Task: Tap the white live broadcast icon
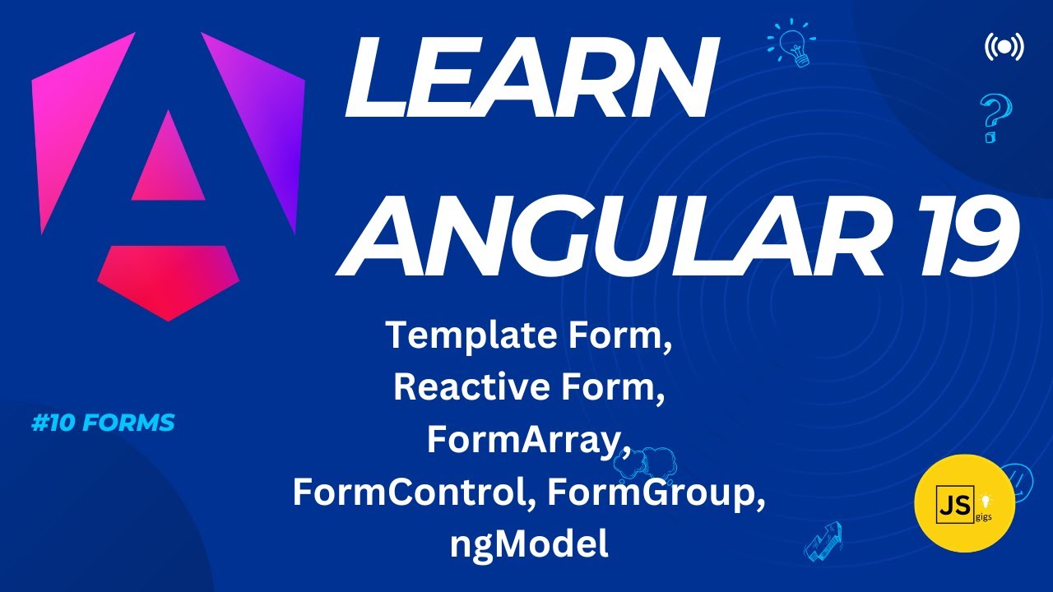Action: click(1004, 47)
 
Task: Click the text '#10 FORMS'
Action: click(102, 423)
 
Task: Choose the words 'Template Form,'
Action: click(529, 335)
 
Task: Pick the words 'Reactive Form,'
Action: click(529, 387)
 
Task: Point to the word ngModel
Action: click(528, 544)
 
